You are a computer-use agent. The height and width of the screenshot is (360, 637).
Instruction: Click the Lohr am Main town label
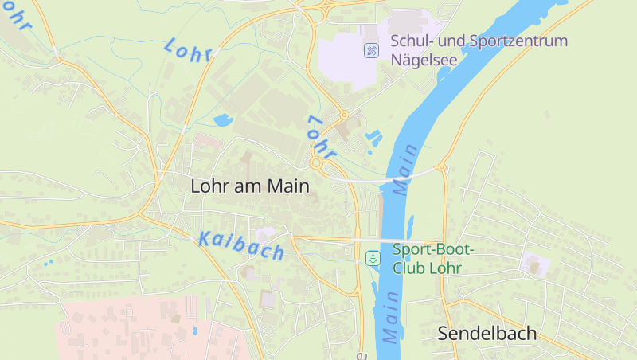[248, 186]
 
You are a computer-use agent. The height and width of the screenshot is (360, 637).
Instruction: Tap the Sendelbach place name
[487, 334]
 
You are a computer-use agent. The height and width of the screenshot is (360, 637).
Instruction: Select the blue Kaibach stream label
[240, 245]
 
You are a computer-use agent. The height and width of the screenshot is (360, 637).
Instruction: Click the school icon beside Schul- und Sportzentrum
[372, 51]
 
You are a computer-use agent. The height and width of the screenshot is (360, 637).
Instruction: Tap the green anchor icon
[373, 258]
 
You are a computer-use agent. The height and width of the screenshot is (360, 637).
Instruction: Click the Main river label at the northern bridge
[405, 170]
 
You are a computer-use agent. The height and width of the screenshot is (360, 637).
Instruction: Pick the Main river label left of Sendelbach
[389, 317]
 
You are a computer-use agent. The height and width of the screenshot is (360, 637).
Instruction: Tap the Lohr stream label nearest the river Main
[322, 136]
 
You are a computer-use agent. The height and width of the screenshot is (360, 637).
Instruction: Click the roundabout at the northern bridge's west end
[317, 163]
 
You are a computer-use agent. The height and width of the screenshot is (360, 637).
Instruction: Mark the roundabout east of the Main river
[441, 168]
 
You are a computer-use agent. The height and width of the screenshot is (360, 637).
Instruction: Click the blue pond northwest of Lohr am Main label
[222, 121]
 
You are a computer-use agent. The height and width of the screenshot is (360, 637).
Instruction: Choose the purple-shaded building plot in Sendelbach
[533, 264]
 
